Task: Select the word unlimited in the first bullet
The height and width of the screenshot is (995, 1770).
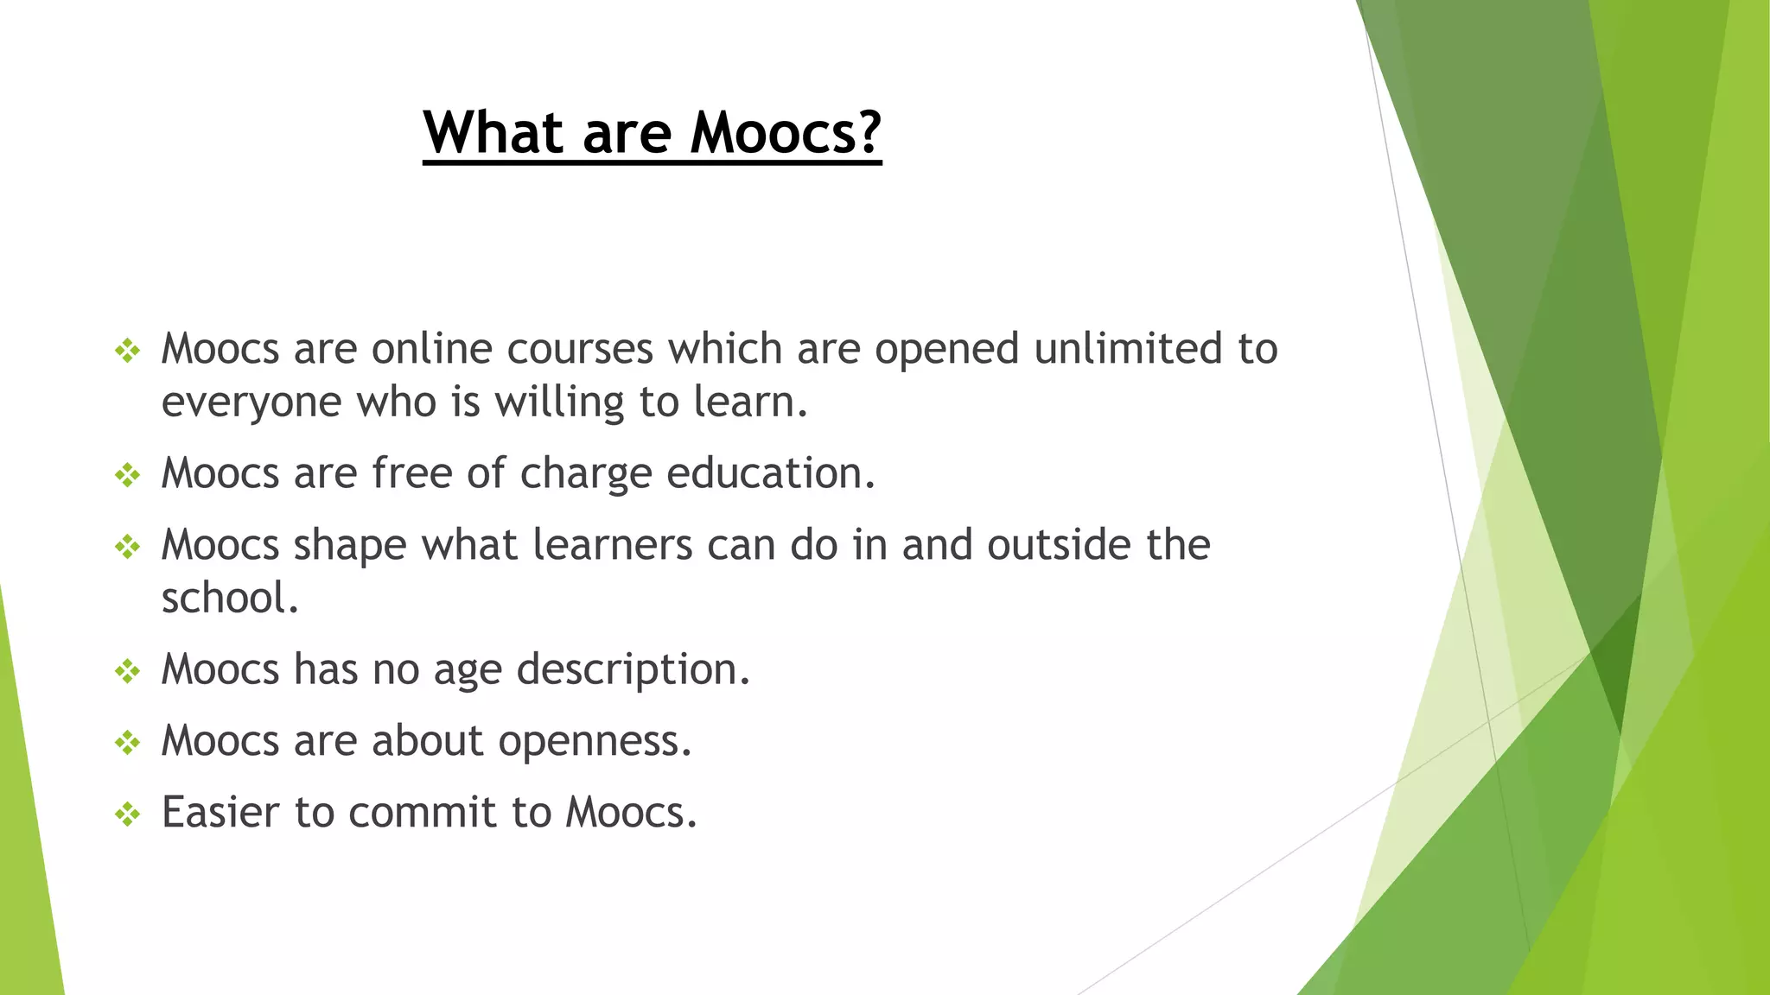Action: pos(1128,348)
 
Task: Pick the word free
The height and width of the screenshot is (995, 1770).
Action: pos(412,472)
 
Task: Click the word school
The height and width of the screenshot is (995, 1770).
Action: pos(230,598)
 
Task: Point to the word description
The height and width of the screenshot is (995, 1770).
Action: pos(633,669)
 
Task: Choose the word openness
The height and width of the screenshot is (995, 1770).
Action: pos(595,740)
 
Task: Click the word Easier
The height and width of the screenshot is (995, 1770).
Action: pos(221,812)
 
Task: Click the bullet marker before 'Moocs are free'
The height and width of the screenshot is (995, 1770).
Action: pos(128,474)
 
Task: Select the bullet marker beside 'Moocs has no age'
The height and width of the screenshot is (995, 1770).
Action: pos(128,671)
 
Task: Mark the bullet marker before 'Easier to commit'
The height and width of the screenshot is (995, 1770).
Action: pos(128,814)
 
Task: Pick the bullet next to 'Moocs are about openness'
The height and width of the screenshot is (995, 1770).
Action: pos(128,742)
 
